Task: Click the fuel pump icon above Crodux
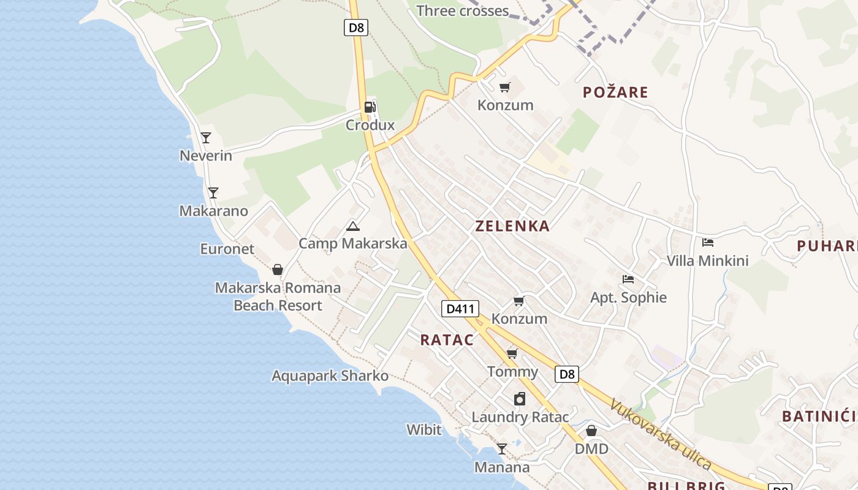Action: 370,107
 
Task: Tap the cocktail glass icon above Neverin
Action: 206,137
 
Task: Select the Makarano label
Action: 213,211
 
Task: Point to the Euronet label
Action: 227,249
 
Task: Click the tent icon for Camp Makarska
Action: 352,226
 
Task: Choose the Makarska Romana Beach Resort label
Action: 278,296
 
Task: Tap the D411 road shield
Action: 460,309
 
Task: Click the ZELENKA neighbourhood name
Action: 512,226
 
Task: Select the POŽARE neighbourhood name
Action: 615,92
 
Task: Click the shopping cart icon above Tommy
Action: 512,353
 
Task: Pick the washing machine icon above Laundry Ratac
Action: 520,399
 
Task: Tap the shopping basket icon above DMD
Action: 591,431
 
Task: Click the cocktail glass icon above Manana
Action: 502,449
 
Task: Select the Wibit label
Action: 424,430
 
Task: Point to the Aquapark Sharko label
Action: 330,376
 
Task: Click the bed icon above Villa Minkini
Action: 708,243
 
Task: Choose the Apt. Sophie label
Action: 628,298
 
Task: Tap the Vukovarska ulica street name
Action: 661,434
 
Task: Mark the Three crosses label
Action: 463,11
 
